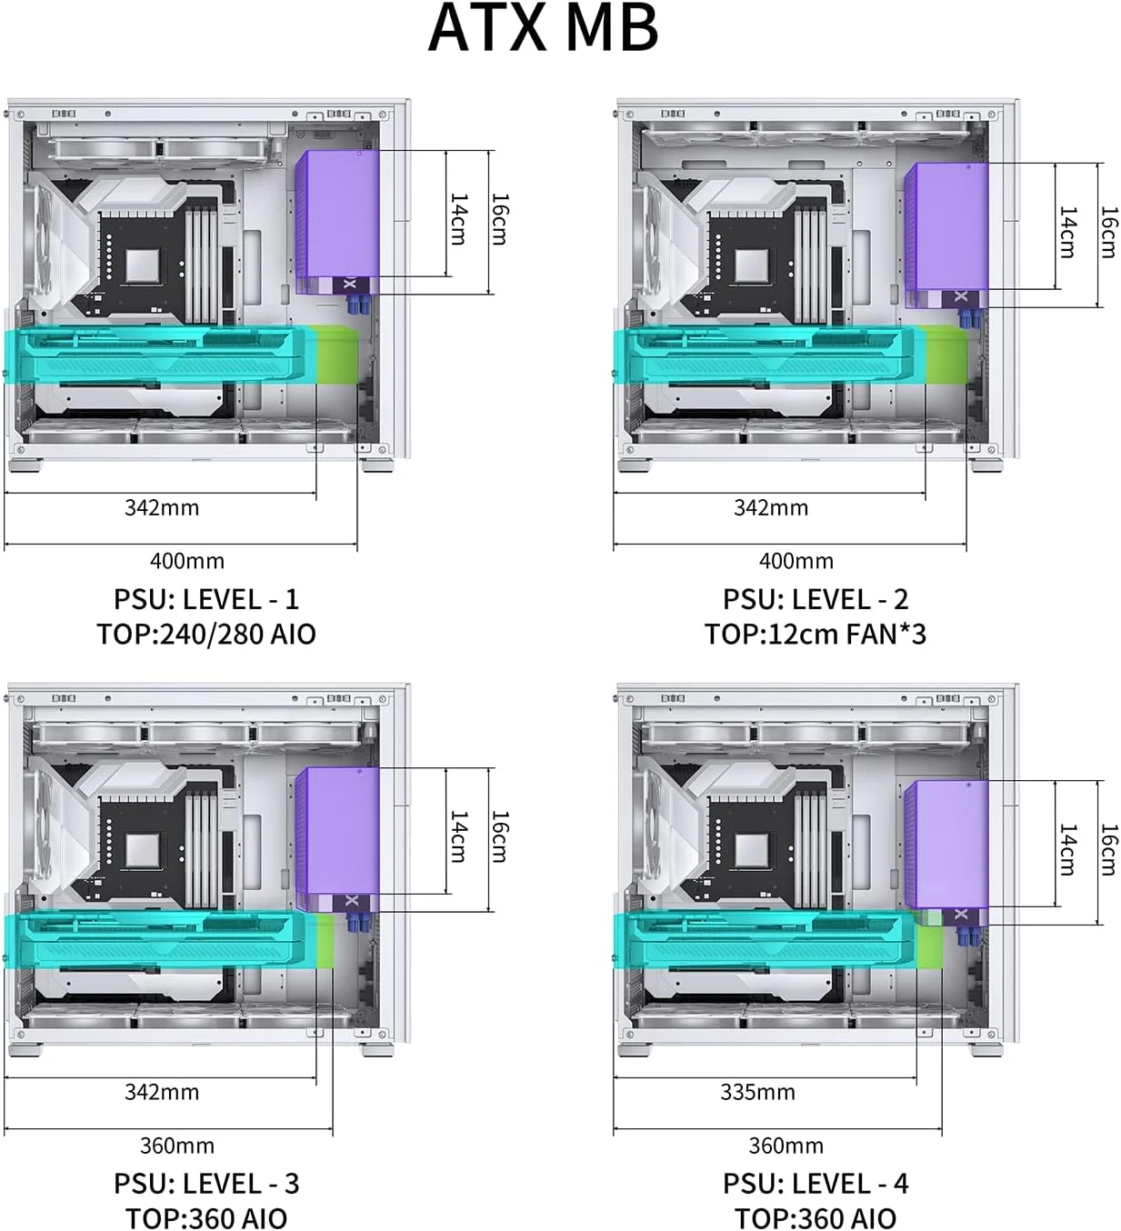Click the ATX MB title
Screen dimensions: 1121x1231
tap(543, 29)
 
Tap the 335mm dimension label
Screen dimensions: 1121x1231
tap(757, 1092)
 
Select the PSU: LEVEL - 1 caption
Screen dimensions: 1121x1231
tap(206, 599)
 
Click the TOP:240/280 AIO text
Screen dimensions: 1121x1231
tap(206, 634)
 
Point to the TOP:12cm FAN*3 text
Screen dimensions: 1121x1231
tap(815, 634)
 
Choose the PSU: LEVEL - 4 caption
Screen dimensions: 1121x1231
tap(816, 1184)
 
